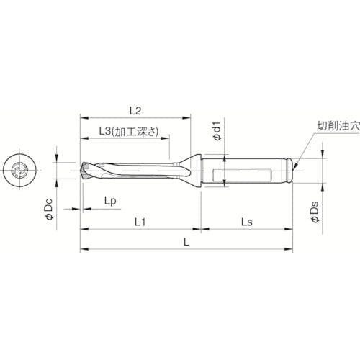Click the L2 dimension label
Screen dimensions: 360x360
134,109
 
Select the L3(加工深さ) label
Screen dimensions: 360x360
127,132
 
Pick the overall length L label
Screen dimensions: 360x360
186,243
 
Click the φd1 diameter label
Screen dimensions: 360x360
214,132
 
